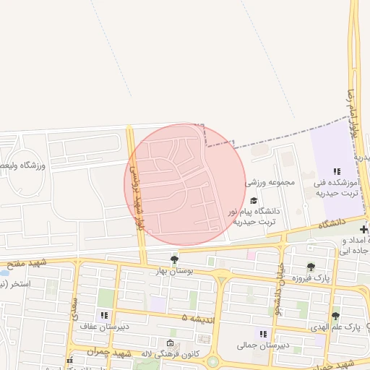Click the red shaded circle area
point(185,185)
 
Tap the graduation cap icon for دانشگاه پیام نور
point(253,200)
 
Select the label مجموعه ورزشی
point(271,183)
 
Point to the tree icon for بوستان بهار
point(173,259)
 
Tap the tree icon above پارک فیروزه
point(311,267)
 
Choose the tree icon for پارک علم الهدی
point(335,316)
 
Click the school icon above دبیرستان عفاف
point(104,315)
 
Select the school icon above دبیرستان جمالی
point(264,334)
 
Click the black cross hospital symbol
point(363,229)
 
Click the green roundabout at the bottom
point(213,361)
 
